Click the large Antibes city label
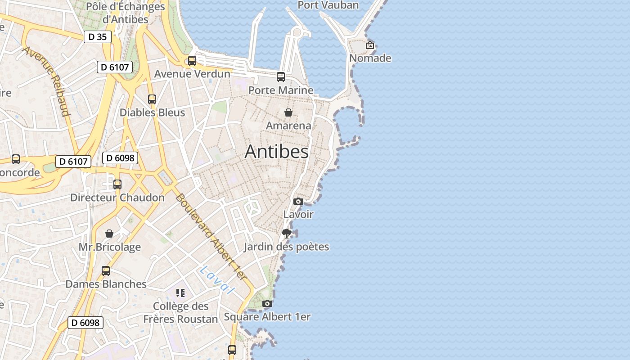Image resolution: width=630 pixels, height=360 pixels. [x=276, y=152]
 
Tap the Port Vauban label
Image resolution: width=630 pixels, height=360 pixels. [x=328, y=5]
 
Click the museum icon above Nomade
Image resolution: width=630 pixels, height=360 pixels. [x=370, y=45]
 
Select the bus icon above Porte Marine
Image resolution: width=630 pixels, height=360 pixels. [x=281, y=77]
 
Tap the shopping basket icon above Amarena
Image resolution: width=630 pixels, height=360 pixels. [x=288, y=112]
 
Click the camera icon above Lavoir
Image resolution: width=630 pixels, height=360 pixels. [x=298, y=201]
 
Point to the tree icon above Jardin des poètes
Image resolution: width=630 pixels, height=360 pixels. [x=286, y=233]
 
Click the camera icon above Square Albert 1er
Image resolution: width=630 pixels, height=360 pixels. [x=267, y=304]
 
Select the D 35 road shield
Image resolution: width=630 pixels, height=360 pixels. [x=98, y=37]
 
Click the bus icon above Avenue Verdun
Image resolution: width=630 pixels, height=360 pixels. [x=192, y=60]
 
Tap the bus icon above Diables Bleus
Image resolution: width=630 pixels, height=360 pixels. [x=152, y=99]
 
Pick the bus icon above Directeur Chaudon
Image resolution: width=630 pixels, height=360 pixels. [x=117, y=184]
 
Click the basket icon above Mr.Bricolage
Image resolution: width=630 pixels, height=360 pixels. [x=109, y=234]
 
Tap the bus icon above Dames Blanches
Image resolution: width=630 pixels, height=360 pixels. [x=106, y=271]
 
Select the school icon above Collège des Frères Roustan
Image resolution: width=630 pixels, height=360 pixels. [x=180, y=293]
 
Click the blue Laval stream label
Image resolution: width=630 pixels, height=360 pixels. [x=218, y=279]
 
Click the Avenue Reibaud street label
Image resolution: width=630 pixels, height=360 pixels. [x=47, y=81]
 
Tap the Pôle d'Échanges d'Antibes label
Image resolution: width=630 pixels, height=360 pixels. [x=126, y=13]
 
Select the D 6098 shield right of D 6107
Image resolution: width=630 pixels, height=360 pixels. [x=120, y=158]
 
